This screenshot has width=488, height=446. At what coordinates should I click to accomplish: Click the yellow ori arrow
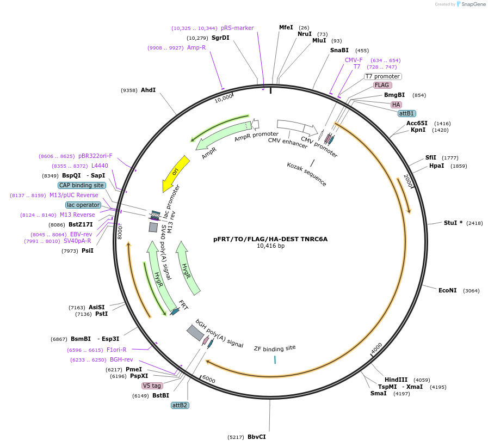point(176,173)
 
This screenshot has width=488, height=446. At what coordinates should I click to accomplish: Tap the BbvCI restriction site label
point(256,437)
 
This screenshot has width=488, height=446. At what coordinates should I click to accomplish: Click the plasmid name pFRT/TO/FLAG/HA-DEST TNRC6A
point(270,239)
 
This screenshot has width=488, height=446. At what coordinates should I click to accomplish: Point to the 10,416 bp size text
point(270,246)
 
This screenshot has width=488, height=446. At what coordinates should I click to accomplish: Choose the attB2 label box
point(180,405)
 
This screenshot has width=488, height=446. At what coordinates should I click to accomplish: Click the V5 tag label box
point(152,386)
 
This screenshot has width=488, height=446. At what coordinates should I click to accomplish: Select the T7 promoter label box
point(382,77)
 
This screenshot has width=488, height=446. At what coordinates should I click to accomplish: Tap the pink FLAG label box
point(382,85)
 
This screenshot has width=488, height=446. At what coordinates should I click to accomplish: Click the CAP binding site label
point(82,185)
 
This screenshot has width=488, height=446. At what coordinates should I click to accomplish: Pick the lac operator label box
point(83,205)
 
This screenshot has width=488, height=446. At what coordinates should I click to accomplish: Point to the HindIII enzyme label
point(396,380)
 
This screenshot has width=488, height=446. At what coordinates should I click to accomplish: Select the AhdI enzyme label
point(148,90)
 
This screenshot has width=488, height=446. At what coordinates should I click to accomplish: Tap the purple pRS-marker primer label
point(237,28)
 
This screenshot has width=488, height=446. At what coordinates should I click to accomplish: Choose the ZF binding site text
point(275,347)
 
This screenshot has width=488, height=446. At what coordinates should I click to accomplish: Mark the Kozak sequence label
point(307,174)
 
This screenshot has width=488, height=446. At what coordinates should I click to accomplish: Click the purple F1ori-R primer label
point(116,350)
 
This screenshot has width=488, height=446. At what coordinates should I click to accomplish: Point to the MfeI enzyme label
point(286,27)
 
